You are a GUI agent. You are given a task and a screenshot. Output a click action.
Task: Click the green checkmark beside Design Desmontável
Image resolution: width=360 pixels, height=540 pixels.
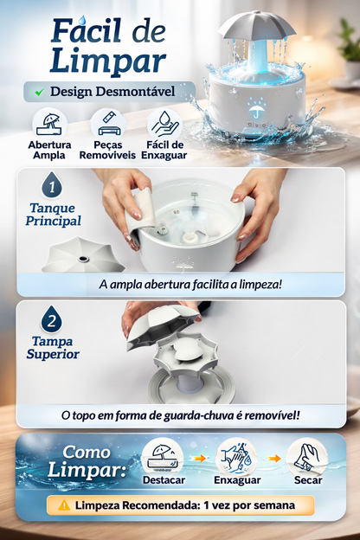(38, 91)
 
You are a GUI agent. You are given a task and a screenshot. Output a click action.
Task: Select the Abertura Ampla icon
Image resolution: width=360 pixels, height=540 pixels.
(49, 122)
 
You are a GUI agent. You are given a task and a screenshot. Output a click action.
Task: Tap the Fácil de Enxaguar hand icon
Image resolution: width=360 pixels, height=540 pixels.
(164, 122)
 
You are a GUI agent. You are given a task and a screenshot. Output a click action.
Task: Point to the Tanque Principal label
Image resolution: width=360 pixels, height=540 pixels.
(51, 214)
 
